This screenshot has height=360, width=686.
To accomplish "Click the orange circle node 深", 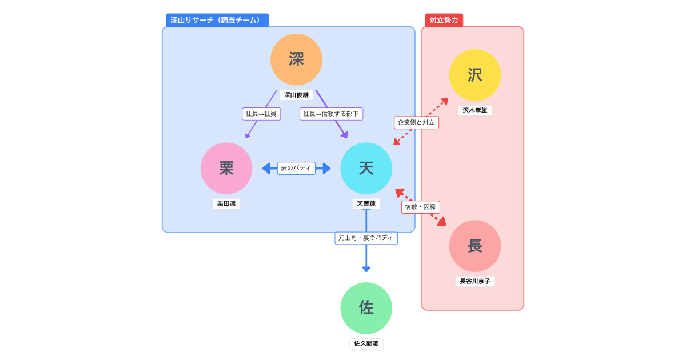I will [x=296, y=59].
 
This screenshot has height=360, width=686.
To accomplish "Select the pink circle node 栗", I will [x=226, y=168].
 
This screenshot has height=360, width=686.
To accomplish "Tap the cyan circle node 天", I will [x=366, y=168].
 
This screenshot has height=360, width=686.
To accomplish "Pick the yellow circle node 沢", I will [x=475, y=75].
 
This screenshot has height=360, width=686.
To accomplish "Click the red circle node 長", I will [x=475, y=246].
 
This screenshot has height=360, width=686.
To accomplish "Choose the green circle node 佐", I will [x=366, y=308].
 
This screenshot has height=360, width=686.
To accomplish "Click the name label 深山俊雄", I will [x=296, y=95].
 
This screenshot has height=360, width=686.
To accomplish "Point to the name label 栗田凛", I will [x=226, y=203].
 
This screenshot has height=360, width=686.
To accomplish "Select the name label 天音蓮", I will [x=366, y=203].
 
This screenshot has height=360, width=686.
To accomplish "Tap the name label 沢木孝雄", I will [x=475, y=110].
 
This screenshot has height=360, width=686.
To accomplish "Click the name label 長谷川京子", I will [x=475, y=281].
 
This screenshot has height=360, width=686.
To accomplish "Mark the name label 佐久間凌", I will [x=366, y=343].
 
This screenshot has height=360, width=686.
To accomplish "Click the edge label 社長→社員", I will [x=261, y=114].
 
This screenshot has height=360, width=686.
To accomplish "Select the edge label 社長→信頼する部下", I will [x=331, y=114].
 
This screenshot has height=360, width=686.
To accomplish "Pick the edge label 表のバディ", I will [x=296, y=168].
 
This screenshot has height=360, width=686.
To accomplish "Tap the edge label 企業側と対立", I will [x=416, y=122].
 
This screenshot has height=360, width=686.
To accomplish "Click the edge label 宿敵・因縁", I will [x=420, y=207].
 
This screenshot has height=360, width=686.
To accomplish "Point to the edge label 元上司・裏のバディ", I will [x=366, y=238].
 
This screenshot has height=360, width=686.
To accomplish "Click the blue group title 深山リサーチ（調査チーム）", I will [x=217, y=21].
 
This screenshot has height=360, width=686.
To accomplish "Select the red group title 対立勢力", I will [x=444, y=21].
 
